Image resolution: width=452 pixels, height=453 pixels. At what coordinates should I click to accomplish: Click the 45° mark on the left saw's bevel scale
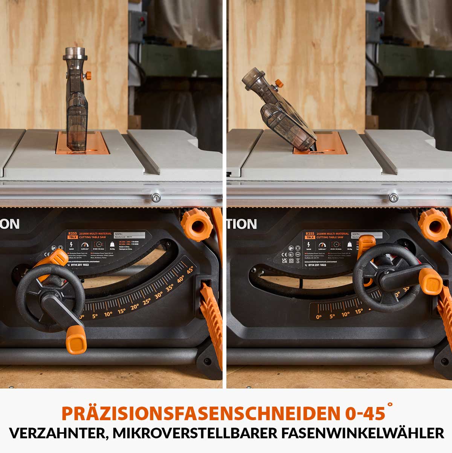189,270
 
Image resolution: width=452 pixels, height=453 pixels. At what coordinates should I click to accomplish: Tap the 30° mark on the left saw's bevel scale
158,296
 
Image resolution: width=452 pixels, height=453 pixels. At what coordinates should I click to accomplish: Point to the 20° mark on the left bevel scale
134,307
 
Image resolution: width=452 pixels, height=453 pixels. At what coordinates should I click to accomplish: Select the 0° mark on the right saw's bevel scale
319,317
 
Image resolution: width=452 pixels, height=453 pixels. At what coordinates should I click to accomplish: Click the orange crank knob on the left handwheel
76,340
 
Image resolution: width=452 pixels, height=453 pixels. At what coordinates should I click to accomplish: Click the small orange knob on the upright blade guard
89,75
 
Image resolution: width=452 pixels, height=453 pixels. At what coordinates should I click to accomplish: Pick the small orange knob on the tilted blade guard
278,83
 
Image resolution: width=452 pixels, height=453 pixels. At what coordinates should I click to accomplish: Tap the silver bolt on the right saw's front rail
394,197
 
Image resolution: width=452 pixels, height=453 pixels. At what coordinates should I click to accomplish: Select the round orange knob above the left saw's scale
197,226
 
